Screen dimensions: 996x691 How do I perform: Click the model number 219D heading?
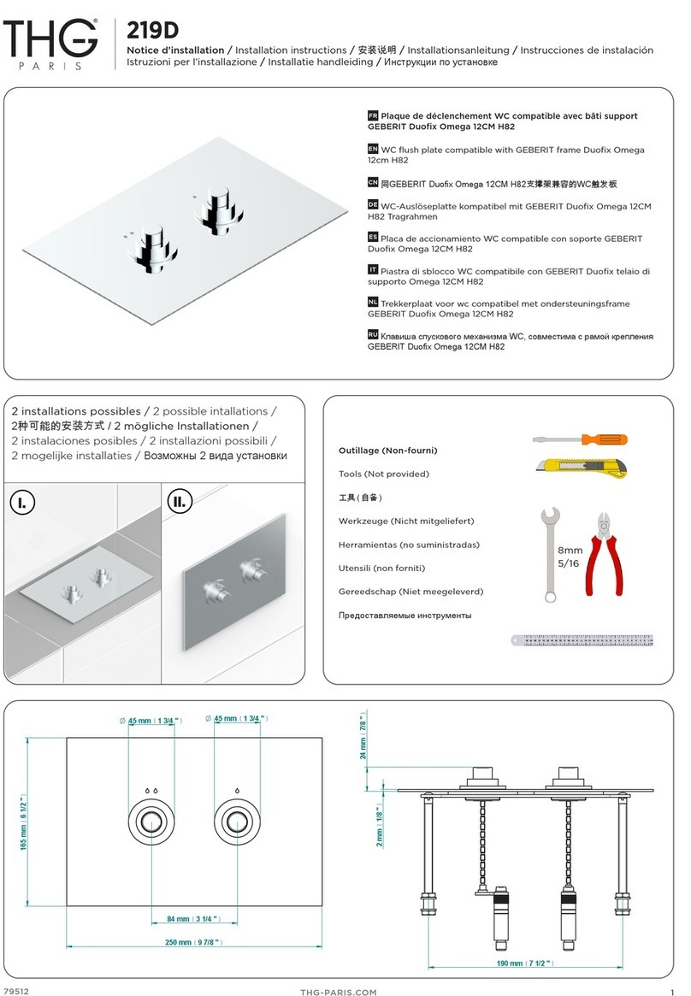(x=153, y=30)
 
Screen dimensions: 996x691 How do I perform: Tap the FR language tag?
(x=372, y=115)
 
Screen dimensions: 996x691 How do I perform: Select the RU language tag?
(x=373, y=334)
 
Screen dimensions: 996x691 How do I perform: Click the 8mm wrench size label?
(x=570, y=551)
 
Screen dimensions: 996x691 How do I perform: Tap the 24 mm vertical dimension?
(x=363, y=740)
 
